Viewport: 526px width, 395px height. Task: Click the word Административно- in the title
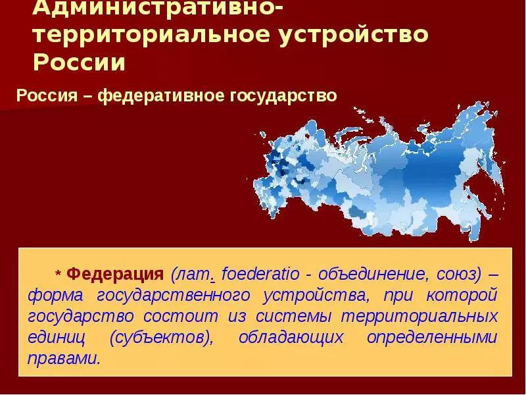(x=158, y=7)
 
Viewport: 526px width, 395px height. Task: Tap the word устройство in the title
(x=354, y=35)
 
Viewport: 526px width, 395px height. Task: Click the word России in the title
(x=79, y=62)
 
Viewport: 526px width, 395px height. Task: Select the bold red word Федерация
(x=115, y=275)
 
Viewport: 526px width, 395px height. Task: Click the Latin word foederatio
(x=260, y=274)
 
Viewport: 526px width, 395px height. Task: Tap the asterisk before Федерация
(x=58, y=273)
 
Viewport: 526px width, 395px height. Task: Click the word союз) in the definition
(x=458, y=275)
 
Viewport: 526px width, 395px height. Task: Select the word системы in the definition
(x=293, y=317)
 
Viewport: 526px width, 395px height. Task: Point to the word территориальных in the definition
(x=419, y=317)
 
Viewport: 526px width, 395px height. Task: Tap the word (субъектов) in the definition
(x=161, y=338)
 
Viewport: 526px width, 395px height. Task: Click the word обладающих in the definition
(x=291, y=338)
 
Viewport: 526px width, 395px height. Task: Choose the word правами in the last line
(x=64, y=359)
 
